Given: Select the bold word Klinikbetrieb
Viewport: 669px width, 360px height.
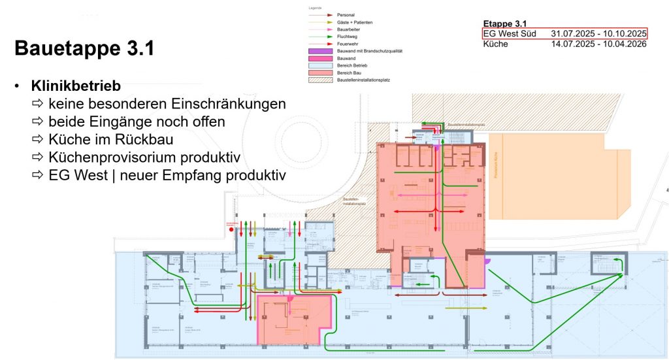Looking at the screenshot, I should (76, 86).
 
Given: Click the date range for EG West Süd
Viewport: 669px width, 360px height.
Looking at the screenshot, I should (598, 33).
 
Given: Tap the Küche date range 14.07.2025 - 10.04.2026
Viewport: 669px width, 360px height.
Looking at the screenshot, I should (598, 44).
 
